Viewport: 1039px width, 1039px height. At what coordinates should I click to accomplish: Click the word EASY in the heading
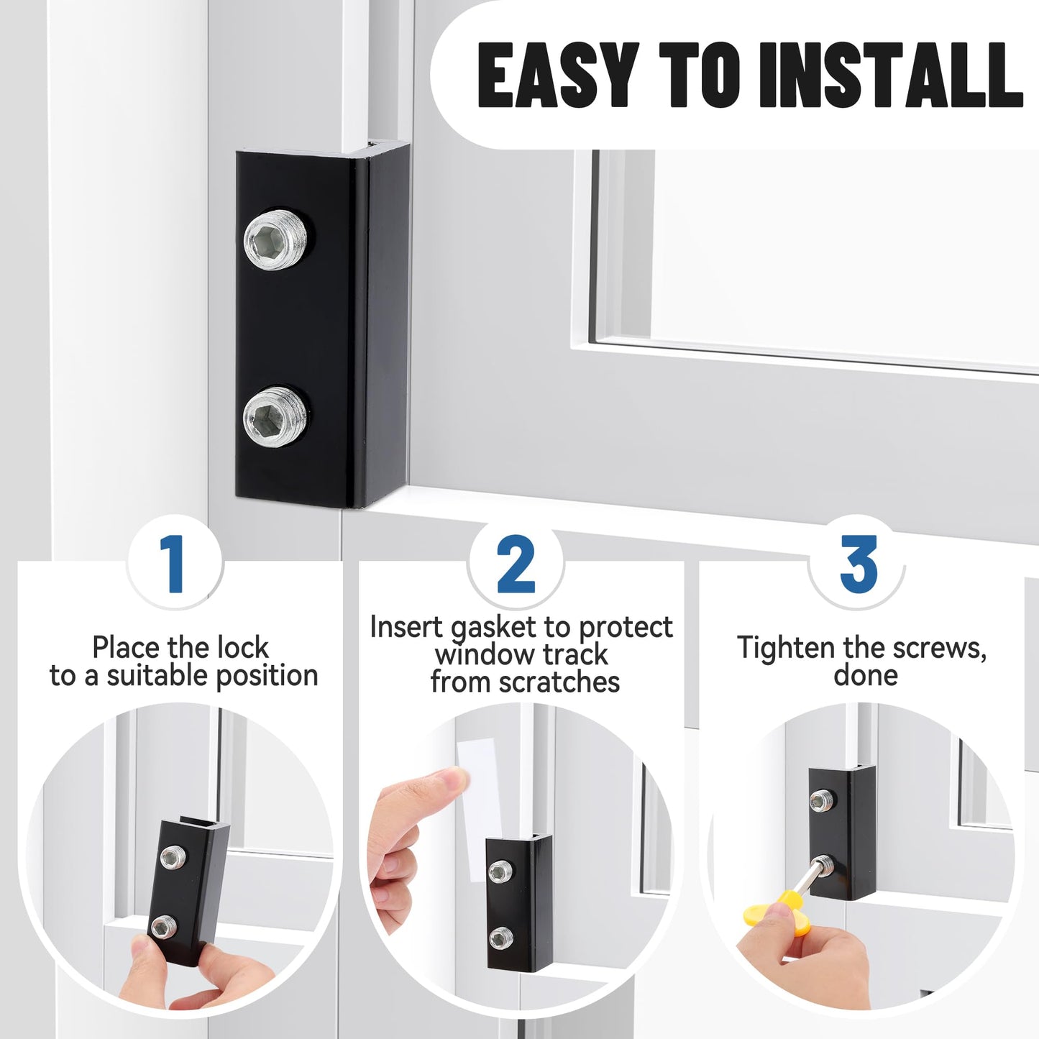(558, 75)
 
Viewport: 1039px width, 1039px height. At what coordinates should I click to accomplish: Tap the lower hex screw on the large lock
(277, 416)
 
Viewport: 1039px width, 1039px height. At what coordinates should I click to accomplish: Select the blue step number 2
(516, 566)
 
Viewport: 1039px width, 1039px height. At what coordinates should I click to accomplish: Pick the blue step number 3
(858, 564)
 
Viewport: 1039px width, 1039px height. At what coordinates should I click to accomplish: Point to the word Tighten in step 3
(787, 648)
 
